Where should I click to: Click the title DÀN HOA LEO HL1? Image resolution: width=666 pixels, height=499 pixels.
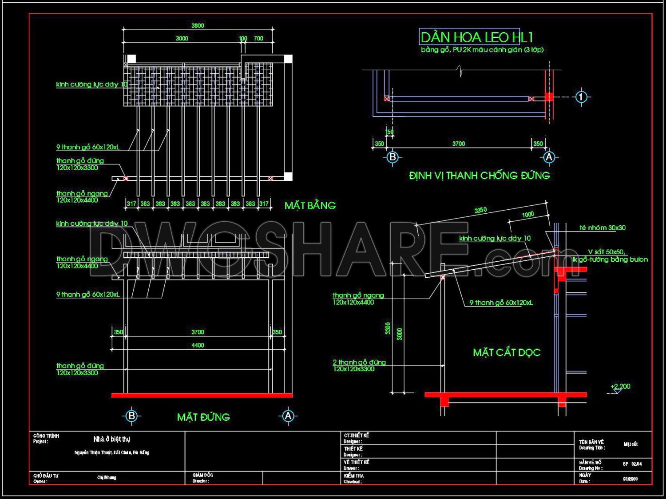(x=476, y=37)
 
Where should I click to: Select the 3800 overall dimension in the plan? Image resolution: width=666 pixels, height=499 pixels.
(x=198, y=26)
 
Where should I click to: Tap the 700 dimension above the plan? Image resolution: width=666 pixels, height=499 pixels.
(x=258, y=39)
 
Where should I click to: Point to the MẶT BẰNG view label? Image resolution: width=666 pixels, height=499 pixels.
(x=310, y=205)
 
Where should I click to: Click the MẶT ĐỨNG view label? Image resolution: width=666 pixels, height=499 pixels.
(x=203, y=417)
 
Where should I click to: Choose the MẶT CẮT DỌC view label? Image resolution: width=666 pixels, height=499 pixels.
(x=507, y=353)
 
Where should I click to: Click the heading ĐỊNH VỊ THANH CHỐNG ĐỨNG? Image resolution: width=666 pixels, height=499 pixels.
(x=480, y=176)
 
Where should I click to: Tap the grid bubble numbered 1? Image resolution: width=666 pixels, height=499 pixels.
(x=581, y=97)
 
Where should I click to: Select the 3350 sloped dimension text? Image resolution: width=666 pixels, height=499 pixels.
(x=480, y=210)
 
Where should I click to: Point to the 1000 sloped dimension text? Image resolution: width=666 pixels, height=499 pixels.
(x=527, y=215)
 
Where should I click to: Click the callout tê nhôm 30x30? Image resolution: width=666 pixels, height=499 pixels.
(x=603, y=228)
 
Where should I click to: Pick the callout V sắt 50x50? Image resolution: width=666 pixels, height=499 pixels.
(x=607, y=252)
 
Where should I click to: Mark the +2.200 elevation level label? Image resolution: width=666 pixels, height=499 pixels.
(x=620, y=387)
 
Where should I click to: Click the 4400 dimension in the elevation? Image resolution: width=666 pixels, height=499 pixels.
(x=198, y=346)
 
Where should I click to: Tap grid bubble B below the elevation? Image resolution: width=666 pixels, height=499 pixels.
(x=131, y=416)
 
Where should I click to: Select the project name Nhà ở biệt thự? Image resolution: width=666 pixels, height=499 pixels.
(x=112, y=439)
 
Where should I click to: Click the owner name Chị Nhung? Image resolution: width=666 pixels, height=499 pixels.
(x=107, y=478)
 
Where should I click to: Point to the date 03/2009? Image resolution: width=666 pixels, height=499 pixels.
(x=630, y=479)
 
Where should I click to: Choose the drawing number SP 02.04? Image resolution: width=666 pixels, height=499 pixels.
(x=632, y=464)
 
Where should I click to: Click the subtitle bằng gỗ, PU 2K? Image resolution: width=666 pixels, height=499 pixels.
(x=482, y=50)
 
